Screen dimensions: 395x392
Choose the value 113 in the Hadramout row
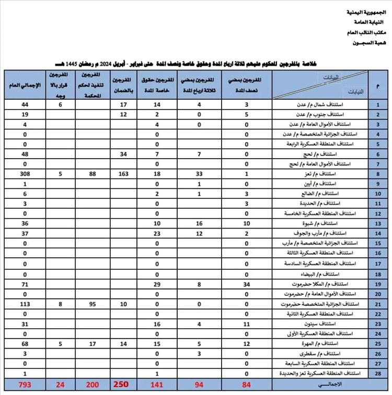tap(10, 304)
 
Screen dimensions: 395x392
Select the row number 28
tap(377, 374)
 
